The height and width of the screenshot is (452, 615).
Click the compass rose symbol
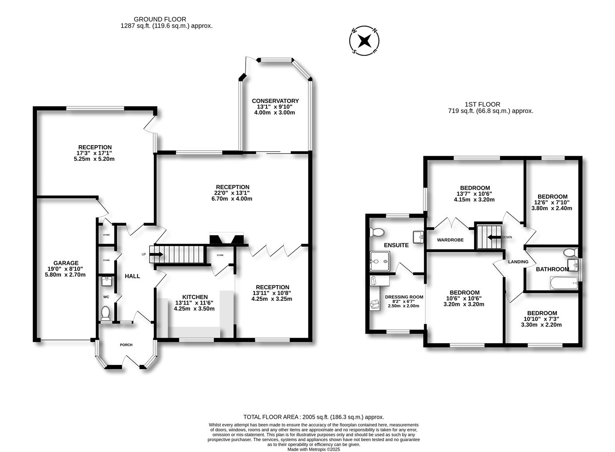(x=365, y=41)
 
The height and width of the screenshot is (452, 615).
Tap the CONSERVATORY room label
(x=275, y=101)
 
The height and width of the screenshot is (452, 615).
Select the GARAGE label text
(x=66, y=263)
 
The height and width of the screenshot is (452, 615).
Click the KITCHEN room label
(x=194, y=297)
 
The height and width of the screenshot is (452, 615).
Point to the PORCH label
(x=126, y=345)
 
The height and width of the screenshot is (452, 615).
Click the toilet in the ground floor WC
(x=106, y=313)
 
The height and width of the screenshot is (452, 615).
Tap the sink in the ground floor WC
(x=106, y=280)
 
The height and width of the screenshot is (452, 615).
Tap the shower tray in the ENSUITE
(x=381, y=261)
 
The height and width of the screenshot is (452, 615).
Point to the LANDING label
(x=518, y=262)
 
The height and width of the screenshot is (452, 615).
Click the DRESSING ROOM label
(x=404, y=297)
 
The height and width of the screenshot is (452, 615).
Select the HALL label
(x=132, y=276)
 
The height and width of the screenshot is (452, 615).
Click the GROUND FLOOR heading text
(x=160, y=19)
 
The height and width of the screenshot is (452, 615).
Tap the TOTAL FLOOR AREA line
(x=313, y=417)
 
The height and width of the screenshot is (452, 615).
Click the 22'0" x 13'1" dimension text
(x=233, y=193)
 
